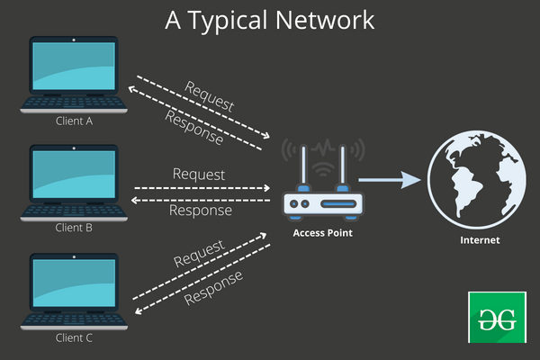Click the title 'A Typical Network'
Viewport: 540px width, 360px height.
(270, 20)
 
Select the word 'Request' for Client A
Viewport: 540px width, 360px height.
(209, 96)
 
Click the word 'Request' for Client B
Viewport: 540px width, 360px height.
(198, 173)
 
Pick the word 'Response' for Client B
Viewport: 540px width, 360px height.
(200, 211)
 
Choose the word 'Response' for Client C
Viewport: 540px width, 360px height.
(213, 286)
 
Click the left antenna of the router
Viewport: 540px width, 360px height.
(306, 166)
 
